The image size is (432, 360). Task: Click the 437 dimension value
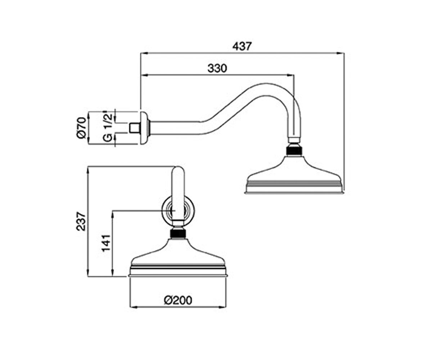(242, 46)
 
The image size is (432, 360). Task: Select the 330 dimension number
(217, 68)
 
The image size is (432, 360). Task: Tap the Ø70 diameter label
(81, 128)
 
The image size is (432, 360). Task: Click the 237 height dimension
(81, 221)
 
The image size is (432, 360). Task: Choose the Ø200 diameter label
(178, 300)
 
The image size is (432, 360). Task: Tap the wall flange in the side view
(144, 128)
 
